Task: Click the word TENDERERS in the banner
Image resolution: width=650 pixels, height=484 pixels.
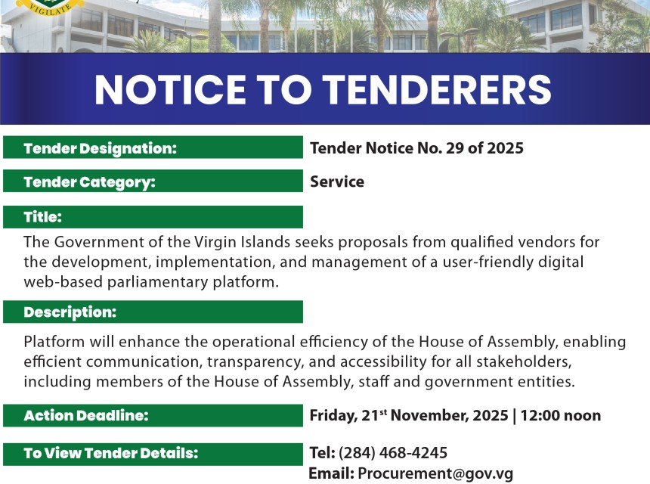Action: [x=437, y=89]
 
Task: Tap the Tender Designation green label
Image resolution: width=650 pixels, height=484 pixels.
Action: [x=153, y=147]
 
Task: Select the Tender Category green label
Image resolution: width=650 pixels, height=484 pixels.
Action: [x=153, y=181]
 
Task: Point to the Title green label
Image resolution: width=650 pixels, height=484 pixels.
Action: [x=153, y=217]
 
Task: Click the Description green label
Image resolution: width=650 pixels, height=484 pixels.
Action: [x=153, y=312]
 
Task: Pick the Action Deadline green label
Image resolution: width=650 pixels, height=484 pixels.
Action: [x=153, y=416]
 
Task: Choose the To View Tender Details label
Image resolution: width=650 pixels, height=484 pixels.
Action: [x=153, y=455]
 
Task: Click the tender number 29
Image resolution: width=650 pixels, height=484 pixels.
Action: [x=454, y=148]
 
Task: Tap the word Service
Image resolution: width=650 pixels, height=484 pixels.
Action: [x=337, y=181]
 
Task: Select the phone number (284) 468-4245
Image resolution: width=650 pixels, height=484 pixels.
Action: [x=393, y=453]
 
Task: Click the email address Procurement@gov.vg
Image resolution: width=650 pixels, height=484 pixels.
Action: [x=435, y=473]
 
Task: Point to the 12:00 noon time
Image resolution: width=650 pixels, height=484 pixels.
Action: [x=561, y=416]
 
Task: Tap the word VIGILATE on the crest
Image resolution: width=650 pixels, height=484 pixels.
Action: [x=50, y=10]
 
